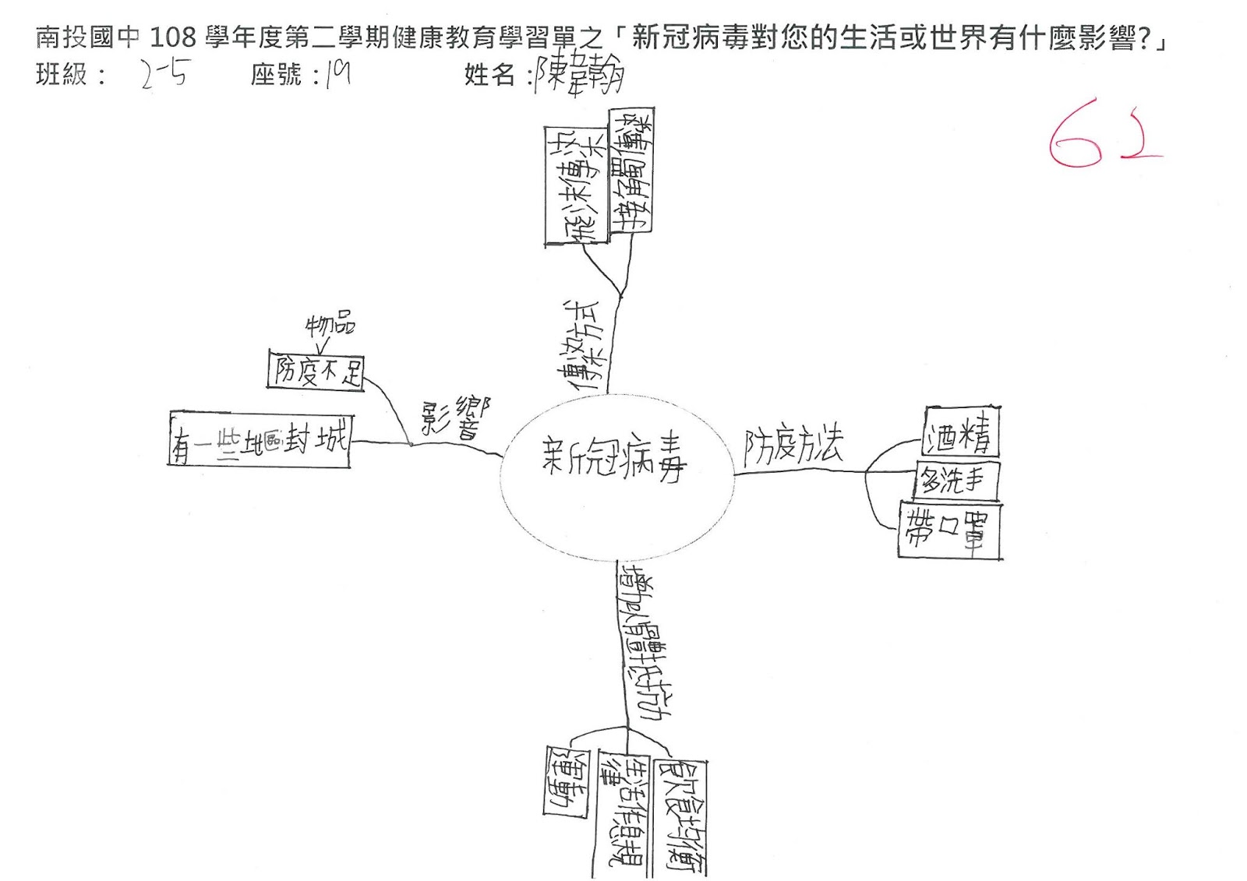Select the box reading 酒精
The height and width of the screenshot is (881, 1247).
[x=960, y=432]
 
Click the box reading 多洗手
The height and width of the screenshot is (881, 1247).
[x=955, y=481]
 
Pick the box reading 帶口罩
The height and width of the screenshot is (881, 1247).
[x=949, y=530]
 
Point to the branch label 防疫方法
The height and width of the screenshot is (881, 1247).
[x=793, y=446]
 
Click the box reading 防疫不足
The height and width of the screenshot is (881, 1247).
[x=316, y=371]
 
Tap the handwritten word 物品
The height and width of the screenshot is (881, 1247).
[x=330, y=325]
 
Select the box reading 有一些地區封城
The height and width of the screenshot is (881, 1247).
[x=260, y=440]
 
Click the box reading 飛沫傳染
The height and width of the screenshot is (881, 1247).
[x=575, y=187]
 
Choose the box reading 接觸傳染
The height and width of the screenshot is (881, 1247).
[x=631, y=170]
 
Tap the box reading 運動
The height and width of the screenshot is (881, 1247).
[x=567, y=781]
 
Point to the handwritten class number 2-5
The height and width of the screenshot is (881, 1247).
[x=164, y=74]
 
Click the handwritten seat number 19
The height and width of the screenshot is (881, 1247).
[x=337, y=74]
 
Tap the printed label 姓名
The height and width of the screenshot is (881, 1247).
[x=489, y=75]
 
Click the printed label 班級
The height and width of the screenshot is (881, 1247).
[x=62, y=75]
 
